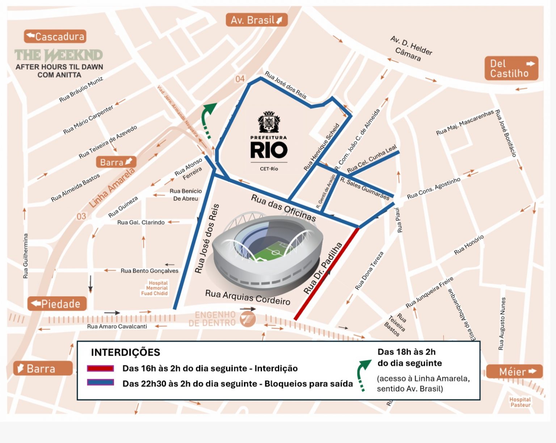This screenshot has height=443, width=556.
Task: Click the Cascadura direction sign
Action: (55, 37)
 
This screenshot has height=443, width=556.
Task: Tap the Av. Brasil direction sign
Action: (256, 20)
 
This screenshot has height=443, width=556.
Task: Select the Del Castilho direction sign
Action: (511, 68)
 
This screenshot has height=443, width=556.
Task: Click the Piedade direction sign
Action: (57, 304)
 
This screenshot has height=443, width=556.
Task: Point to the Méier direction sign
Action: (514, 372)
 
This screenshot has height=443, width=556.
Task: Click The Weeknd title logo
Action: (59, 55)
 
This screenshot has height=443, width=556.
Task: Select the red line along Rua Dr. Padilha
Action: (327, 274)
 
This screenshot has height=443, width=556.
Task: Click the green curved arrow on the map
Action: (208, 118)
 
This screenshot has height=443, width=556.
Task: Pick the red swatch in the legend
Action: (100, 368)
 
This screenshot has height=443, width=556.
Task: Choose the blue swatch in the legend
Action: (100, 383)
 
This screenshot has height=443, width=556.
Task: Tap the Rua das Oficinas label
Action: (283, 208)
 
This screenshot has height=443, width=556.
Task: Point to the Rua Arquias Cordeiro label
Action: (248, 297)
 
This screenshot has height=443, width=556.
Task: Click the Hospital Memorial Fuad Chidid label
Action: (155, 288)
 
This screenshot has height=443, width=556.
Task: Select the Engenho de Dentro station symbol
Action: (248, 319)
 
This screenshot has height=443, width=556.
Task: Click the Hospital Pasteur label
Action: (520, 402)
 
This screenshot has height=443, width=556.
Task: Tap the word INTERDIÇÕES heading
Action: (125, 352)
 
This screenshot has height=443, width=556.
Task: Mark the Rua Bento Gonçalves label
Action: (149, 271)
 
